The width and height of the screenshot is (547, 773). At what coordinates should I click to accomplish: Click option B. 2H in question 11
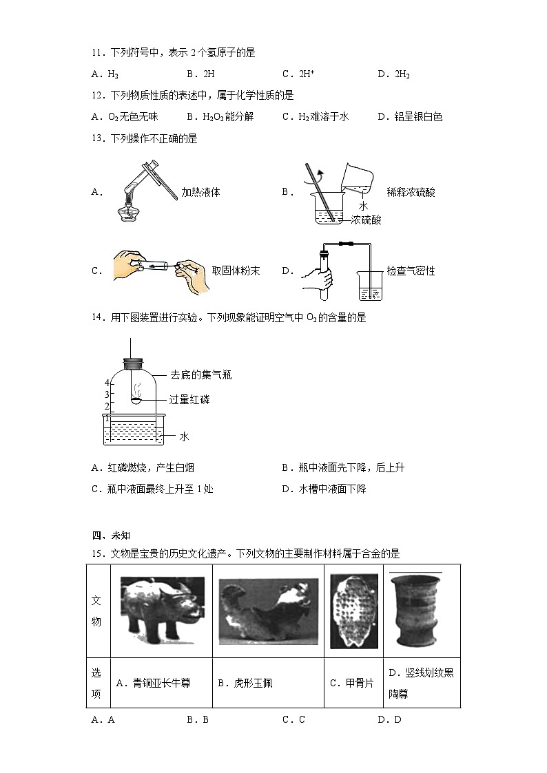(x=198, y=74)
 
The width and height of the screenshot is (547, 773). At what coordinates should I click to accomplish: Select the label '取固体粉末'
(x=236, y=271)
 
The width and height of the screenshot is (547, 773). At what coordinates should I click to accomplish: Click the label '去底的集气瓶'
(x=200, y=375)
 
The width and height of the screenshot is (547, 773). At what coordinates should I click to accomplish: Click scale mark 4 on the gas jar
(x=107, y=383)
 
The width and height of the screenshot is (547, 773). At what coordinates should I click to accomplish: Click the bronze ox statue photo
(x=162, y=611)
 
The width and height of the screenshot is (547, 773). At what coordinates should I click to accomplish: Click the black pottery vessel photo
(x=416, y=611)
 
